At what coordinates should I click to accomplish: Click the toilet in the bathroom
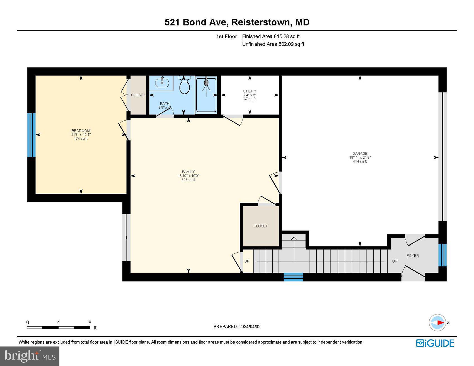tap(185, 86)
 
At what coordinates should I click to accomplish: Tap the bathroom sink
tap(162, 83)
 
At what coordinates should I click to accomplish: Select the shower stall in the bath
tap(206, 95)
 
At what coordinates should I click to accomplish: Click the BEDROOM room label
tap(81, 131)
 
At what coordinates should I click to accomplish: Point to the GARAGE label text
tap(360, 154)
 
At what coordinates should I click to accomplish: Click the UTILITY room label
tap(250, 91)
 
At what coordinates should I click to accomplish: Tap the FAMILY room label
tap(188, 172)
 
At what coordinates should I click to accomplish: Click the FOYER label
tap(413, 256)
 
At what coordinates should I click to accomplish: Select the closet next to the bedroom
tap(138, 95)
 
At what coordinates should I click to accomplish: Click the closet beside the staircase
tap(260, 226)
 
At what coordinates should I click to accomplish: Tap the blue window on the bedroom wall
tap(32, 135)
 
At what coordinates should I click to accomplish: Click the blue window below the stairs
tap(293, 277)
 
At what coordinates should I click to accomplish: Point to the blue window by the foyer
tap(442, 255)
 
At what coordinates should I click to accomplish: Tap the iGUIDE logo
tap(435, 343)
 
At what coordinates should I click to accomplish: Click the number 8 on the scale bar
tap(90, 323)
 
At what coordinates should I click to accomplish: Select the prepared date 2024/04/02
tap(250, 327)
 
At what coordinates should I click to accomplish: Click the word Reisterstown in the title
tap(261, 22)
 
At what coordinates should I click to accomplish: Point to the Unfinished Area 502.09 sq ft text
tap(273, 44)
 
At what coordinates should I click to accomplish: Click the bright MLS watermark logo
tap(30, 356)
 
